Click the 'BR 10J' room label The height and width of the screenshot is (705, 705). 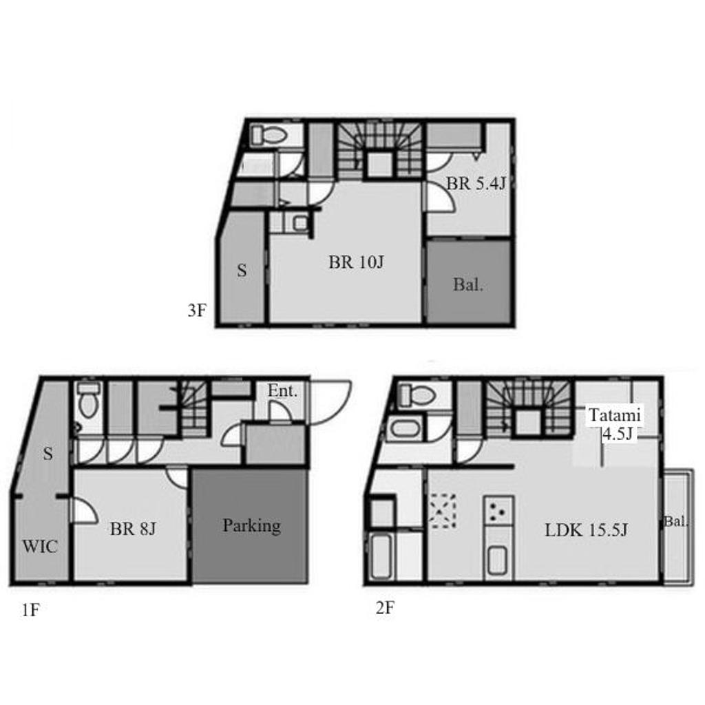click(356, 262)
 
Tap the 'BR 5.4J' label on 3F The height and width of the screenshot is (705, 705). click(476, 183)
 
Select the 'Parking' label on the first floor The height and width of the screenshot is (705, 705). click(252, 525)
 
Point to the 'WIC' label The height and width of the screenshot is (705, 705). click(40, 546)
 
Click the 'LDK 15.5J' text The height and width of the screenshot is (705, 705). click(586, 530)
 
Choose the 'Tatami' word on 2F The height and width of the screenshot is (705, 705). click(615, 415)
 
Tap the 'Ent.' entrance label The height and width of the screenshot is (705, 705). click(282, 391)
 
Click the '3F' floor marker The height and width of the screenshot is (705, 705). click(197, 311)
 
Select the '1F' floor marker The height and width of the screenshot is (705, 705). click(30, 610)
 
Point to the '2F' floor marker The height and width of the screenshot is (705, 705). click(385, 608)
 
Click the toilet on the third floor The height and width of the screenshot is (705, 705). click(269, 135)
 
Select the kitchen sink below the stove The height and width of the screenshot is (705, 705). click(498, 560)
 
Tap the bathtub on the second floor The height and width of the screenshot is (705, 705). click(380, 556)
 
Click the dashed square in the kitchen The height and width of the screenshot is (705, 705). click(443, 511)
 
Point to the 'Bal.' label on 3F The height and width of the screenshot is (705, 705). click(468, 284)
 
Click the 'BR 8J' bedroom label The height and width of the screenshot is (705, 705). click(133, 529)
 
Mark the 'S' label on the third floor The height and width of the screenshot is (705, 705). click(242, 270)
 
